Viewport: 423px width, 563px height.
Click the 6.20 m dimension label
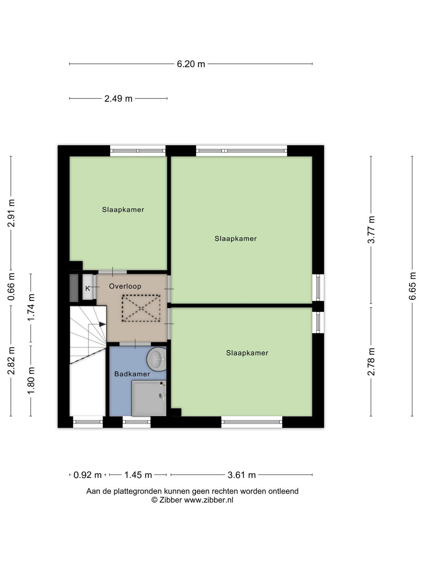point(191,64)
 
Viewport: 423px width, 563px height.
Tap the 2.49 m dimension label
point(118,99)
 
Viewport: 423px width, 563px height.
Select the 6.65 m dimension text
point(412,286)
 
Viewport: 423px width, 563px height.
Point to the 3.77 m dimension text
point(371,229)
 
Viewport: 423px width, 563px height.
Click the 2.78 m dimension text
point(371,362)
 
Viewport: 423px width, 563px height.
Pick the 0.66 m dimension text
point(11,287)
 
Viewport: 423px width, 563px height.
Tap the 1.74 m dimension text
point(31,307)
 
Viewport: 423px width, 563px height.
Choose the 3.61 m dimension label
point(242,475)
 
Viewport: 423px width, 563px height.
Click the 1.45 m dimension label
point(138,475)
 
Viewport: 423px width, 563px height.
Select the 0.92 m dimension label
point(87,475)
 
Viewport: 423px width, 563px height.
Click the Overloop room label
point(125,286)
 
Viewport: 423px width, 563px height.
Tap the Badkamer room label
point(132,374)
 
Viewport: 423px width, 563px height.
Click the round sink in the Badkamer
point(157,359)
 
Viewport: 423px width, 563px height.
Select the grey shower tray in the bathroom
point(149,398)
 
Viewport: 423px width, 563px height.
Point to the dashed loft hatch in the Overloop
point(141,308)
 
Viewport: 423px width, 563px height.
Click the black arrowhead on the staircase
point(103,324)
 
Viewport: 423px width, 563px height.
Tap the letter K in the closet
point(87,289)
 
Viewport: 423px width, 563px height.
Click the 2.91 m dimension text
point(11,213)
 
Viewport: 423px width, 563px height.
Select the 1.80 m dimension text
point(31,380)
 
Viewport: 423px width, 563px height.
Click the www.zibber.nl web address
point(209,500)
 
